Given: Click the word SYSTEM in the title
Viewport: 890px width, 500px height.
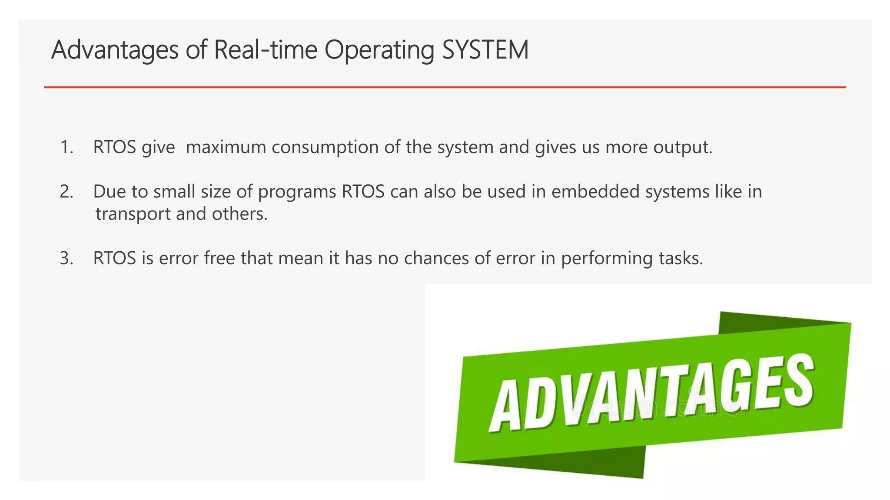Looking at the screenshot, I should (x=485, y=50).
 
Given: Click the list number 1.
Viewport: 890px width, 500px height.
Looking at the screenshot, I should (x=66, y=147).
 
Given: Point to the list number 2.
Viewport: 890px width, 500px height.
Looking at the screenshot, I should (x=66, y=191).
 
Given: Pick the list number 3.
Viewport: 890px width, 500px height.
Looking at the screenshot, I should (x=66, y=258).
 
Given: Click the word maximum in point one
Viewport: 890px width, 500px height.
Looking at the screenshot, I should (x=226, y=147).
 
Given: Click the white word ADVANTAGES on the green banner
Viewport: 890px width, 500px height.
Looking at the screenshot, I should (x=652, y=393).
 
